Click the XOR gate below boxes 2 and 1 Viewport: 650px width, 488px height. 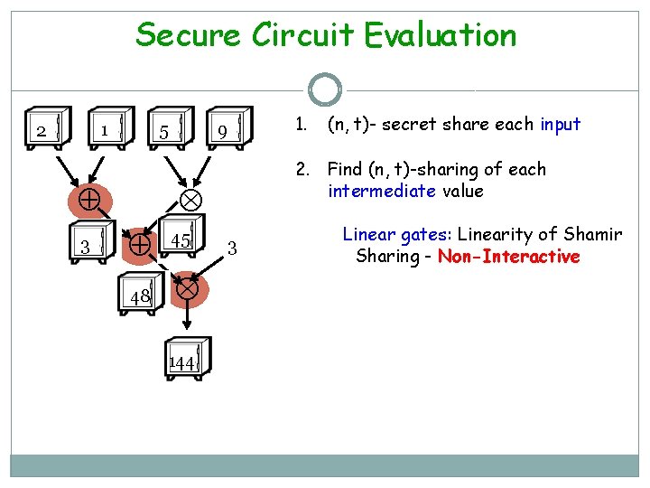[x=88, y=199]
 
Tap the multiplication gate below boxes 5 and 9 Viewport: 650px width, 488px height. [x=190, y=199]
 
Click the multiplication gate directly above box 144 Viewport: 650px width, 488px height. [x=187, y=289]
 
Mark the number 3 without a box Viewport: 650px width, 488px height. [x=232, y=247]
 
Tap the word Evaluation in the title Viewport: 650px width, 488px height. [x=441, y=36]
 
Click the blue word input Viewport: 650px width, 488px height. [x=560, y=125]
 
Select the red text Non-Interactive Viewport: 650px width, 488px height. [x=508, y=257]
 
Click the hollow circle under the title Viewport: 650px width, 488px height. [x=325, y=89]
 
